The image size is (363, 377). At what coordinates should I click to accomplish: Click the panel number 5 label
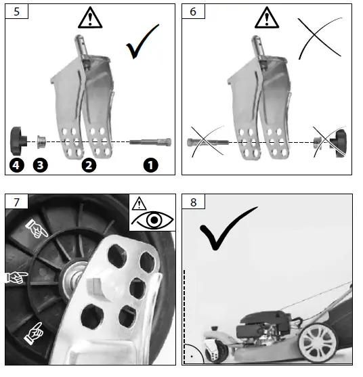(16, 12)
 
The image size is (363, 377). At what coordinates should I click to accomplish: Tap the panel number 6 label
(193, 12)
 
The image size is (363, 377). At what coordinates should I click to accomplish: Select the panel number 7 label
(16, 202)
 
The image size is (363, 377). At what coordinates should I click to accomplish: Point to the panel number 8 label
(194, 202)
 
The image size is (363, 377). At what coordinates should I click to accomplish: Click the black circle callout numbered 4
(16, 165)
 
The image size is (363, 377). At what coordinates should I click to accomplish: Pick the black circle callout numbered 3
(40, 165)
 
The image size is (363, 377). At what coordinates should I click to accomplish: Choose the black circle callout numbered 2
(89, 165)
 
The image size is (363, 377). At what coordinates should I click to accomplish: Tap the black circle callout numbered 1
(150, 165)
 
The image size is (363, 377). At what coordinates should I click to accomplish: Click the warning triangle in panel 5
(90, 18)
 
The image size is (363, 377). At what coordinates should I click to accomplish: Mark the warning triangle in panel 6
(267, 18)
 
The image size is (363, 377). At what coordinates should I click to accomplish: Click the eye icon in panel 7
(152, 220)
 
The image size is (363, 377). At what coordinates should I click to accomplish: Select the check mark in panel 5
(142, 41)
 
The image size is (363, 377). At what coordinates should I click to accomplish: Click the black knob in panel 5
(18, 141)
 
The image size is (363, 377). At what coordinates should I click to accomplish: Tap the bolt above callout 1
(150, 142)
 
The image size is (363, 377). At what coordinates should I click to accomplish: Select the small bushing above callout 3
(41, 142)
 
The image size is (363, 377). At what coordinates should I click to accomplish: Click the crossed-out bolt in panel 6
(208, 142)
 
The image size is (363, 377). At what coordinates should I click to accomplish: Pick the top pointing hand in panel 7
(37, 228)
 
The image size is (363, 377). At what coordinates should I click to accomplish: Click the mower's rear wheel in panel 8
(318, 342)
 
